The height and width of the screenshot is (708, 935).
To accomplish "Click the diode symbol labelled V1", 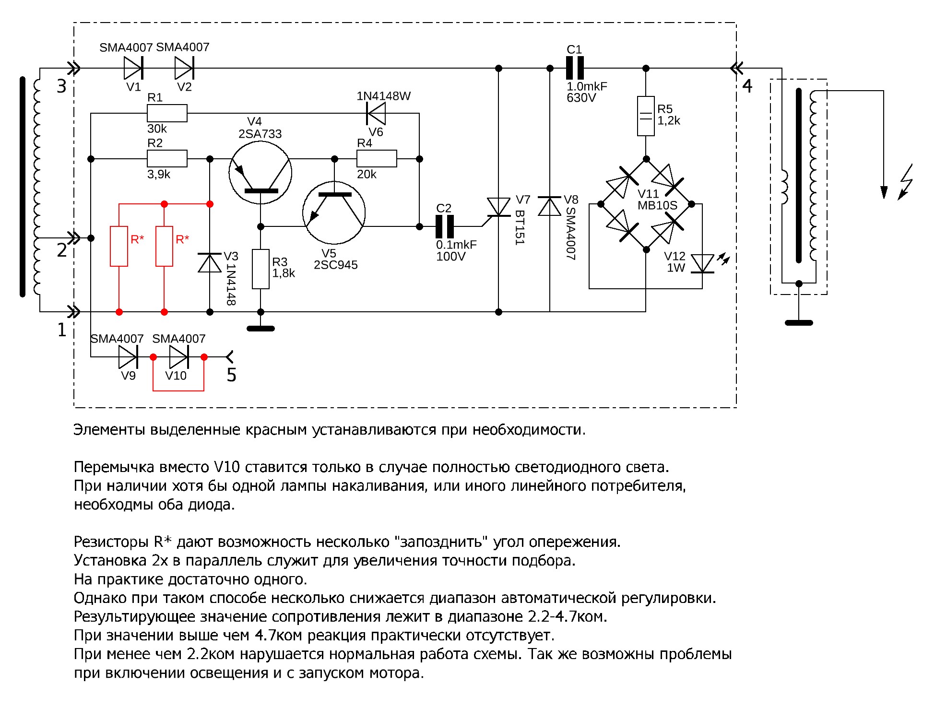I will [133, 68].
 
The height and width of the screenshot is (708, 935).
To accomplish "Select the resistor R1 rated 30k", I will [167, 113].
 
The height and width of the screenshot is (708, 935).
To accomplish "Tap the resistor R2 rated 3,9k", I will [167, 158].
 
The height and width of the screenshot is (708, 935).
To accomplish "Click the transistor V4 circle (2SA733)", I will [260, 173].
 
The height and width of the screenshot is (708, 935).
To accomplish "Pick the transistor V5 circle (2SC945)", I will [334, 212].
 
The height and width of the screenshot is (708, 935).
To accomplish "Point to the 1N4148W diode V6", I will [376, 113].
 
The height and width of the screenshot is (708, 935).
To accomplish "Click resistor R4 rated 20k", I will [377, 158].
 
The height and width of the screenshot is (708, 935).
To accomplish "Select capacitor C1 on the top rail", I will [575, 68].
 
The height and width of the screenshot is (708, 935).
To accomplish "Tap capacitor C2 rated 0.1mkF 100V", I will [445, 226].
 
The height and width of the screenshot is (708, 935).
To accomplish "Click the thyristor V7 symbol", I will [498, 207].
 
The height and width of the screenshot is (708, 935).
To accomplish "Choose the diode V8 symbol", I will [549, 206].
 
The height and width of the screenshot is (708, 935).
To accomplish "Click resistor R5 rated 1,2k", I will [646, 116].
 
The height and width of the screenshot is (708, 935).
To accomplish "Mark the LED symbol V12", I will [702, 264].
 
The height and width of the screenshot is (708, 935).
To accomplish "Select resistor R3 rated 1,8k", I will [260, 269].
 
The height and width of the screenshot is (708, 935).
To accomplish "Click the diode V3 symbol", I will [210, 263].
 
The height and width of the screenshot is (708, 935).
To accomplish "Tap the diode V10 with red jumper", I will [178, 357].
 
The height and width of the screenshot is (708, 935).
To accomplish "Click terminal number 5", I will [231, 375].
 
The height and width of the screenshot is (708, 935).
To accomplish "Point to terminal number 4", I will [747, 86].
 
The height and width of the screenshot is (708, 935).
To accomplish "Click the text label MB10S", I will [657, 206].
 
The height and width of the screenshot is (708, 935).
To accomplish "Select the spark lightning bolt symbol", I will [906, 182].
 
